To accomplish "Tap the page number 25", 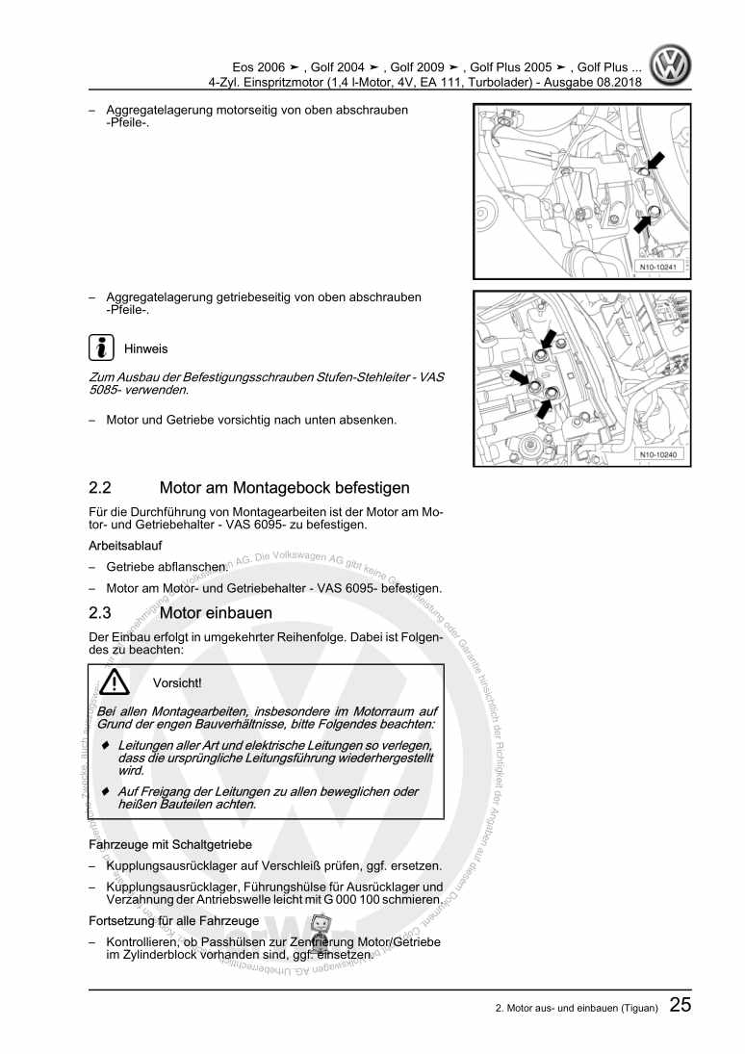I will (x=680, y=1006).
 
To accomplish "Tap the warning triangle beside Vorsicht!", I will (x=116, y=682).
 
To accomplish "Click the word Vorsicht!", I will (x=177, y=683).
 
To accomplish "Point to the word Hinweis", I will (x=145, y=348).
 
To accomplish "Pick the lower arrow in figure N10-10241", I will (x=645, y=220).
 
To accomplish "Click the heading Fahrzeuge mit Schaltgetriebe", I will (x=165, y=844).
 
